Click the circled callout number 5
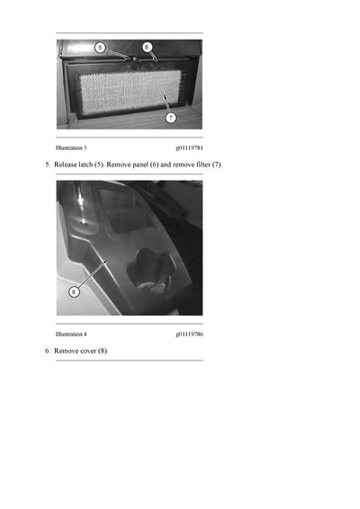(x=100, y=47)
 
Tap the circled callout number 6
(x=147, y=47)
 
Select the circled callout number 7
(x=171, y=117)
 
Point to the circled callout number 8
(x=76, y=290)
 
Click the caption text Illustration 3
(x=71, y=146)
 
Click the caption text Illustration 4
(x=71, y=333)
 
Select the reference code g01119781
(x=190, y=146)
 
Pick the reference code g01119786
(x=190, y=333)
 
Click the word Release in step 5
(x=67, y=165)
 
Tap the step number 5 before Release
(x=47, y=165)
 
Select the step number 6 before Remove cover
(x=47, y=351)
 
